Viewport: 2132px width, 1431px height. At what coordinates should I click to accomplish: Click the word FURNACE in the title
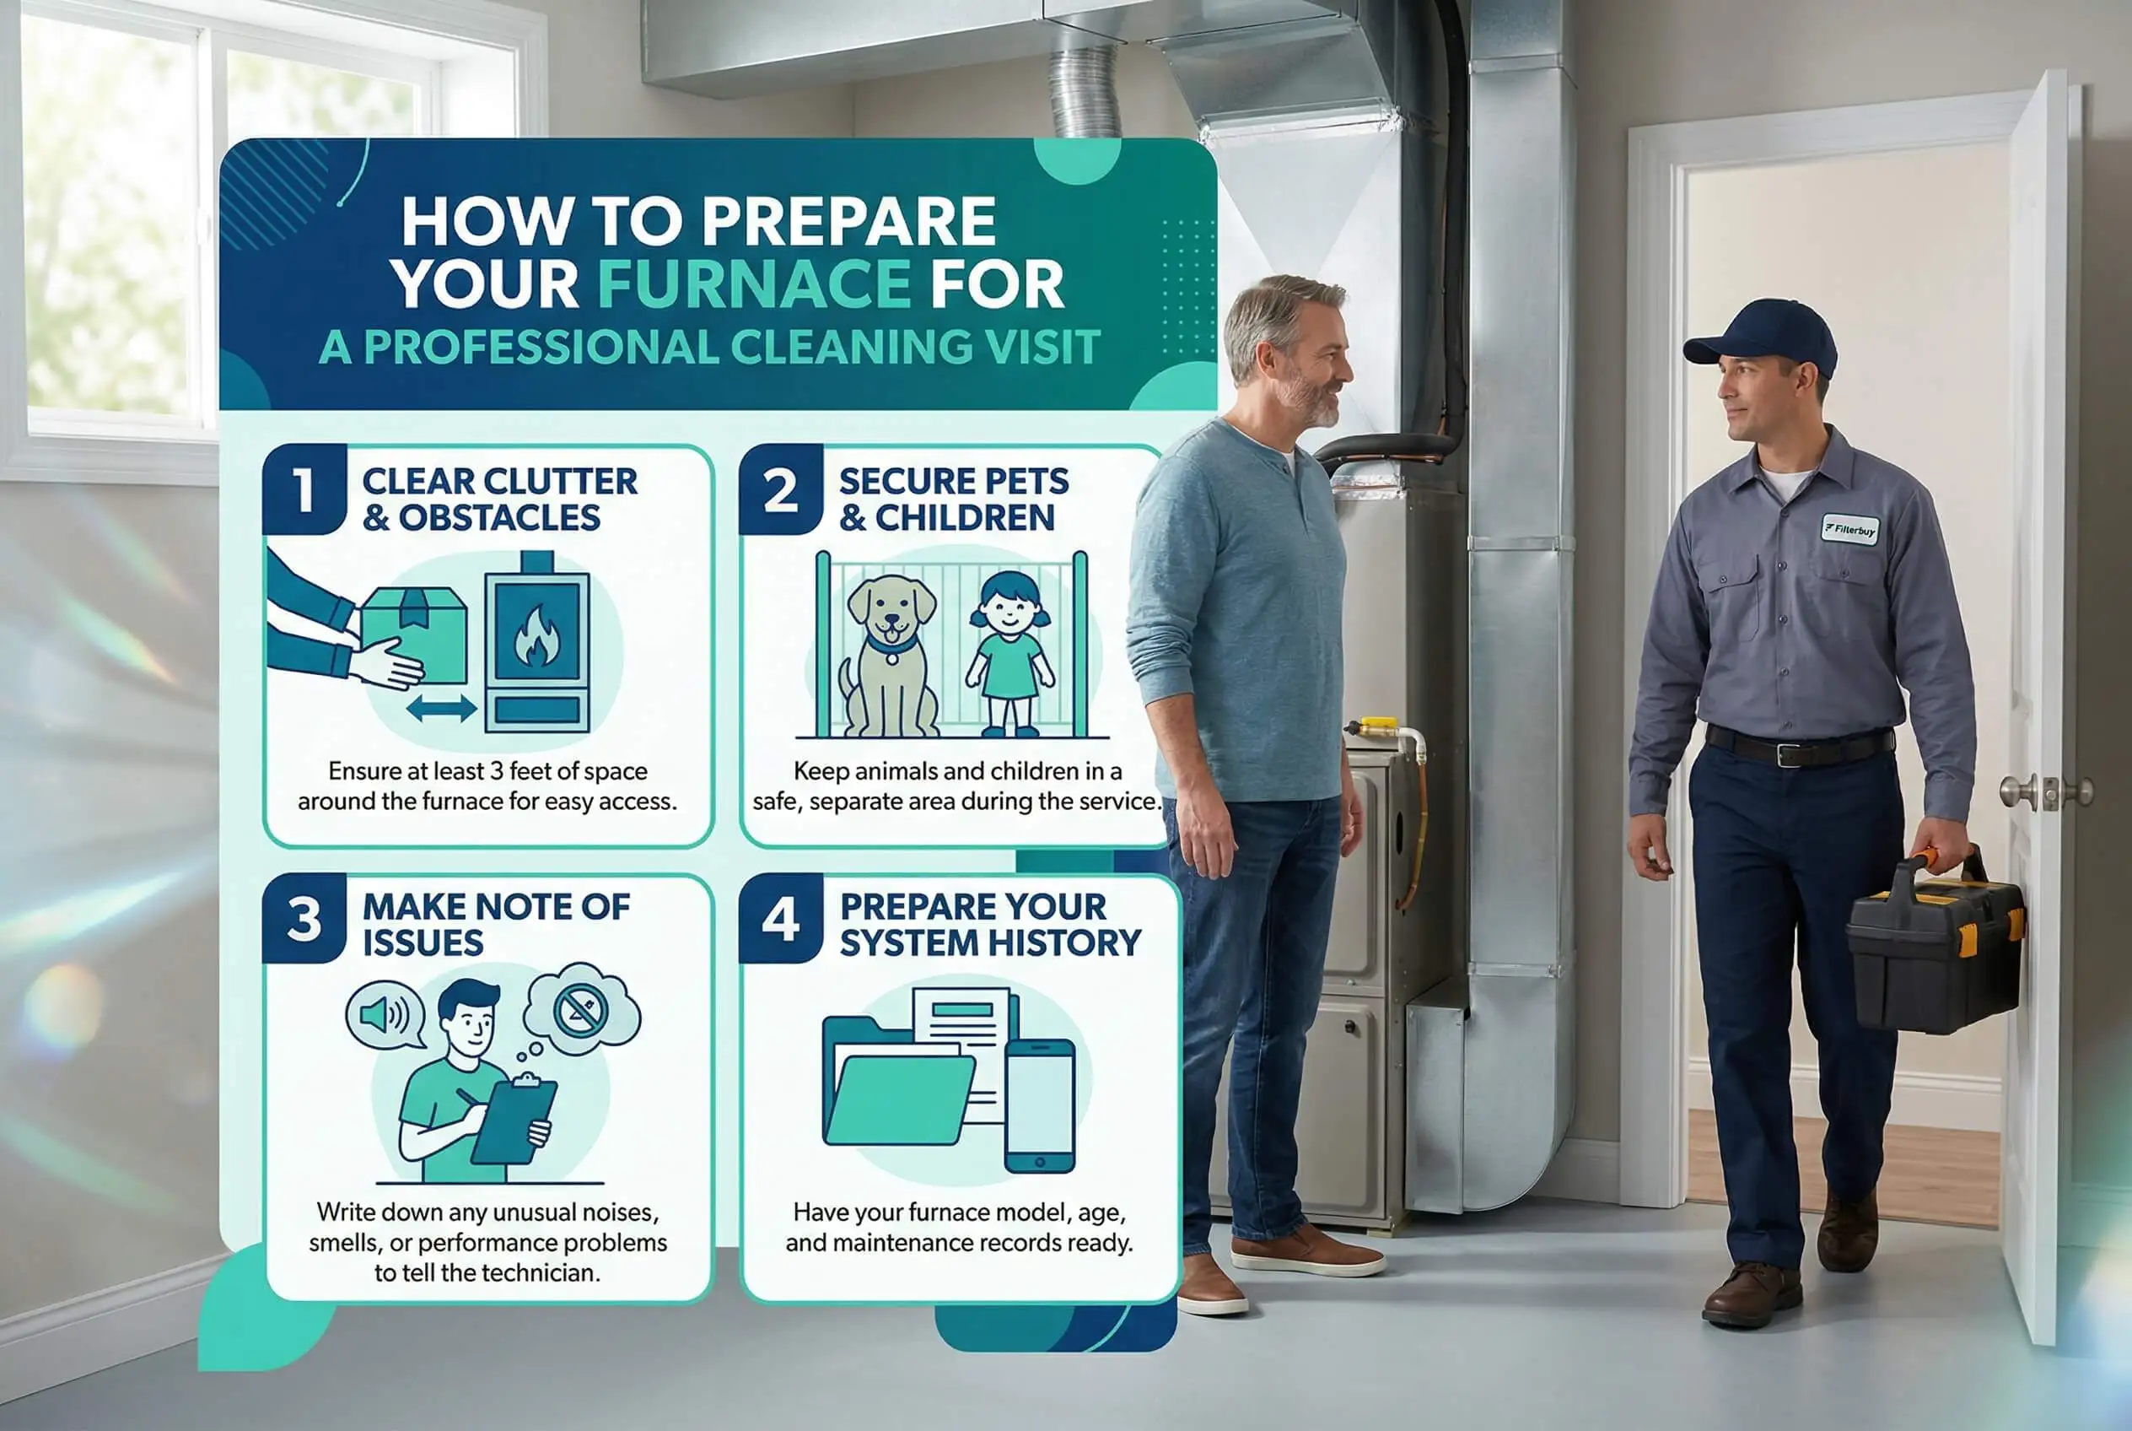(754, 283)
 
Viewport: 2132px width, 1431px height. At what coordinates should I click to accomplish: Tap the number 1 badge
(304, 490)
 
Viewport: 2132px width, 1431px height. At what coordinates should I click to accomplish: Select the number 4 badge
(781, 918)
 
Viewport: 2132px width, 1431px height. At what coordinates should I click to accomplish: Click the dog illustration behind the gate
(889, 655)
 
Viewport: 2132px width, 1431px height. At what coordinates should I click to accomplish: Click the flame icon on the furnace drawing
(536, 636)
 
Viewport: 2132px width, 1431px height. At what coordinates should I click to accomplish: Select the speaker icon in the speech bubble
(384, 1015)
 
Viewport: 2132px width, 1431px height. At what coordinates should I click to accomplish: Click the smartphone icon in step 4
(1039, 1106)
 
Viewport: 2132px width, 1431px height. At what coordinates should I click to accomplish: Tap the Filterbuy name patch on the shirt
(1850, 528)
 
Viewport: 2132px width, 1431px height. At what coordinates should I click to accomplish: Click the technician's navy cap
(1760, 336)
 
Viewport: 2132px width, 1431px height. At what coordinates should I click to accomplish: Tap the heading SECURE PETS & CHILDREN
(953, 499)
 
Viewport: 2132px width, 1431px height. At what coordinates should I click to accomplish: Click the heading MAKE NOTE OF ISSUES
(495, 925)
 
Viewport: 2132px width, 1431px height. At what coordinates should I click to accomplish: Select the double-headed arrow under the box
(442, 707)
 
